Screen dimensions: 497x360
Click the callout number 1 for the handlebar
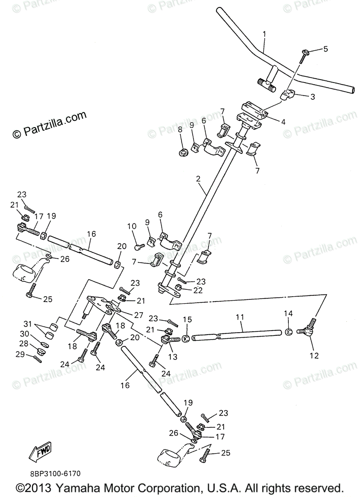pyautogui.click(x=264, y=34)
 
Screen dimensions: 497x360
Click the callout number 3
pyautogui.click(x=312, y=97)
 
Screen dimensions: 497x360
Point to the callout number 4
pyautogui.click(x=283, y=122)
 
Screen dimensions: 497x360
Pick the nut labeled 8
pyautogui.click(x=182, y=153)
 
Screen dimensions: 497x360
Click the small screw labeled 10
pyautogui.click(x=139, y=246)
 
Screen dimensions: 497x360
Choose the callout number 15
pyautogui.click(x=188, y=320)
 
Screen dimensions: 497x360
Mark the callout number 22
pyautogui.click(x=198, y=290)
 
